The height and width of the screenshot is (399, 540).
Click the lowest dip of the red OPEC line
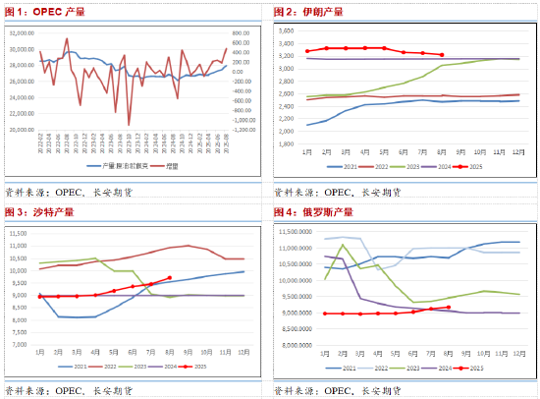point(129,124)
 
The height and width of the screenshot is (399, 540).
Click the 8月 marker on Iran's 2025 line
point(442,55)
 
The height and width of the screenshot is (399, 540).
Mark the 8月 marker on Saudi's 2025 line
point(170,278)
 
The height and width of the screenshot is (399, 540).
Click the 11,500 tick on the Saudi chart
point(19,233)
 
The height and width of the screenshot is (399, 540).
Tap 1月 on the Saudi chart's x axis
point(39,352)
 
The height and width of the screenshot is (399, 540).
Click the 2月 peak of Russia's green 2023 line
point(343,245)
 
